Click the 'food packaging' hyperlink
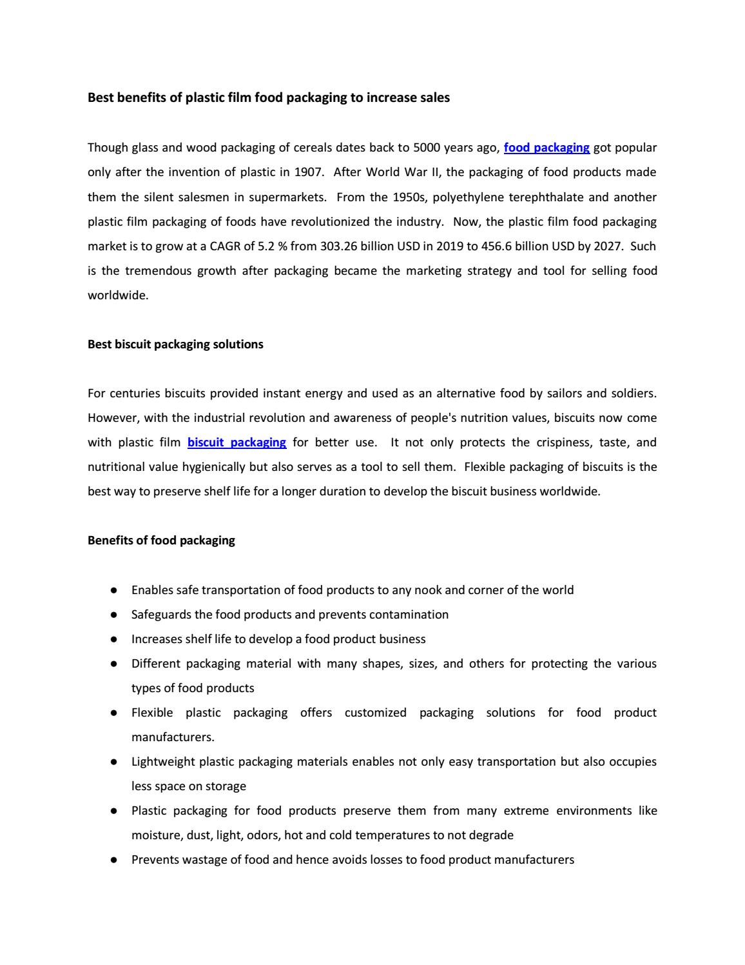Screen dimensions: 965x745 coord(547,148)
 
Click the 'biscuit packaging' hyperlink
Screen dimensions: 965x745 coord(237,443)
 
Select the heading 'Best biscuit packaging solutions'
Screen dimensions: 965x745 coord(175,344)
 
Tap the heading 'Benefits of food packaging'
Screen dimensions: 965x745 coord(161,541)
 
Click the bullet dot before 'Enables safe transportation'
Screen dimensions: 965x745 coord(113,590)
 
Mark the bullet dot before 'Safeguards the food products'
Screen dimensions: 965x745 coord(113,615)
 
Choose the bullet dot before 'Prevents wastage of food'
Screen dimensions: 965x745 coord(113,860)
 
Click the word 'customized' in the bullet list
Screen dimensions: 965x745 coord(375,713)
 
